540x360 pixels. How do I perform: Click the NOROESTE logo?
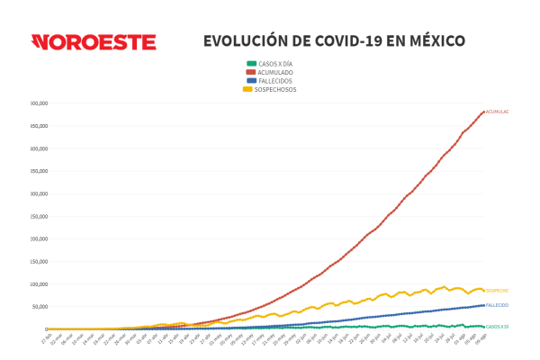(x=94, y=42)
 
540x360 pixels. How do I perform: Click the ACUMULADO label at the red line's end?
(x=497, y=112)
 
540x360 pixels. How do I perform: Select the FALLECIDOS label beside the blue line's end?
(x=497, y=305)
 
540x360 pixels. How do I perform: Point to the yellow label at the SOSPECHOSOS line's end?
(x=497, y=291)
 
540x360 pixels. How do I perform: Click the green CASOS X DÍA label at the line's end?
(x=498, y=327)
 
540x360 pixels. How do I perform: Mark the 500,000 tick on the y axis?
(x=39, y=103)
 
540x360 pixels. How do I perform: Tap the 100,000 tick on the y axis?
(x=39, y=284)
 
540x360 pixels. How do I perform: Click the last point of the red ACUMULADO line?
(x=484, y=112)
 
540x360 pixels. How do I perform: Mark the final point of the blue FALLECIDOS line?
(x=484, y=305)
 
